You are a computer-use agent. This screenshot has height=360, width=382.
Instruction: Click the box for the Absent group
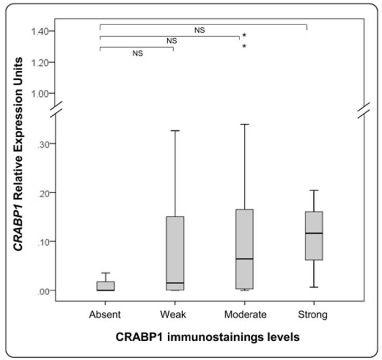(106, 286)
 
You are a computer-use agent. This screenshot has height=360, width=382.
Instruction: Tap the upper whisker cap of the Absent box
(106, 273)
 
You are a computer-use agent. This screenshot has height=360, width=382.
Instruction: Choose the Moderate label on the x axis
(244, 314)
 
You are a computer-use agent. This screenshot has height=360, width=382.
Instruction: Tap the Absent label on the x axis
(105, 314)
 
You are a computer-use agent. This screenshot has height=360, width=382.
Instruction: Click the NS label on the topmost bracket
(199, 30)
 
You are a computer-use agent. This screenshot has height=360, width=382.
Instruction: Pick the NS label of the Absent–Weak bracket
(138, 53)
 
